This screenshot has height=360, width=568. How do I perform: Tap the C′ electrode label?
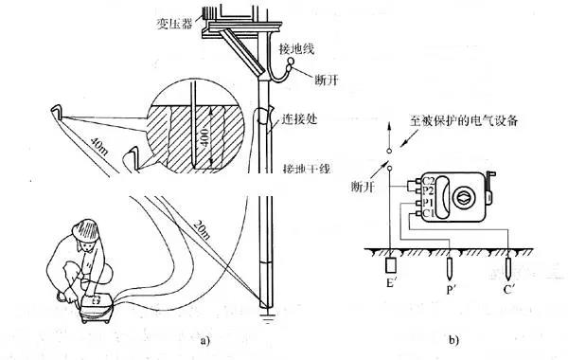(512, 283)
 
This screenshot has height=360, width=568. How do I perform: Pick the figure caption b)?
(453, 338)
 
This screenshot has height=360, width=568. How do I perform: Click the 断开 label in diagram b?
(360, 186)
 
